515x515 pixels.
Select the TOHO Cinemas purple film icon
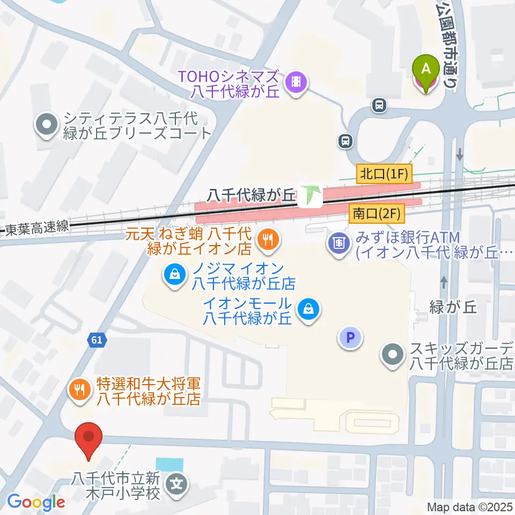tap(296, 83)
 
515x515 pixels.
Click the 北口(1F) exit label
tap(384, 173)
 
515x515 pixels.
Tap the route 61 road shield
tap(97, 340)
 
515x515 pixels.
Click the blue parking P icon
tap(350, 337)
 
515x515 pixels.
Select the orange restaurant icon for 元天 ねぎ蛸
tap(267, 239)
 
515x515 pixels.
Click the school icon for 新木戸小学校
tap(177, 484)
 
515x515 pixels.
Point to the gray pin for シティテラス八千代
tap(46, 125)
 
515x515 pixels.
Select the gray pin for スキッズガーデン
tap(393, 355)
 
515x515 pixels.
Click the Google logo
tap(36, 502)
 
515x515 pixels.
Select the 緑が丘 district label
tap(453, 307)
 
